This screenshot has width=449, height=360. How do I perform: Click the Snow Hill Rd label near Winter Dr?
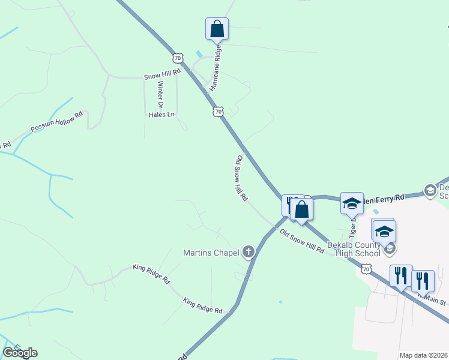(162, 77)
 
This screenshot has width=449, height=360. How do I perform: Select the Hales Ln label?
(161, 114)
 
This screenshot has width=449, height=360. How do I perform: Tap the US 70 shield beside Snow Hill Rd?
(176, 58)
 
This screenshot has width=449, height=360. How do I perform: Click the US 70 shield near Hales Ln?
(218, 112)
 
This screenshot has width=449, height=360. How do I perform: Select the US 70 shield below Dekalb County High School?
(366, 270)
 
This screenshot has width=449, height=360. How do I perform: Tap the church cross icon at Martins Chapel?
(249, 253)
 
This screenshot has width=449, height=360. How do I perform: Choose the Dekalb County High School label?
(354, 249)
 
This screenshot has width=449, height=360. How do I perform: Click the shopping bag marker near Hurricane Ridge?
(217, 29)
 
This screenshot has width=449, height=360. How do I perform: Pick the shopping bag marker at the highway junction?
(301, 209)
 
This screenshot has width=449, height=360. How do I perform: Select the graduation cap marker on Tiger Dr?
(352, 203)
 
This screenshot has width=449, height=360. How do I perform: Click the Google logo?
(20, 353)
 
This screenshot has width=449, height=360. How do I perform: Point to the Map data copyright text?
(424, 355)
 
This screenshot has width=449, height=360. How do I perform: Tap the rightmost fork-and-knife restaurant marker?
(423, 280)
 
